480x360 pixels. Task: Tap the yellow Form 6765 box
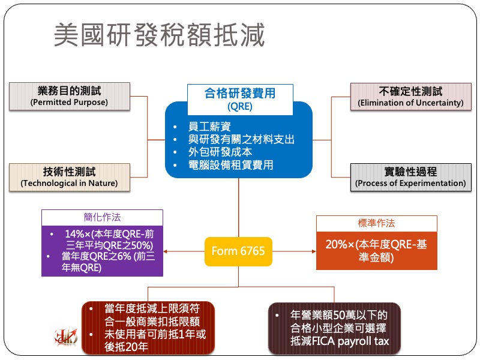point(238,250)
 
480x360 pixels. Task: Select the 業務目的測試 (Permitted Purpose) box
point(69,96)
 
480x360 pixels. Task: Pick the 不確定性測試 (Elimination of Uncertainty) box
point(410,96)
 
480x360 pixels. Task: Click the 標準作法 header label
point(376,223)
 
